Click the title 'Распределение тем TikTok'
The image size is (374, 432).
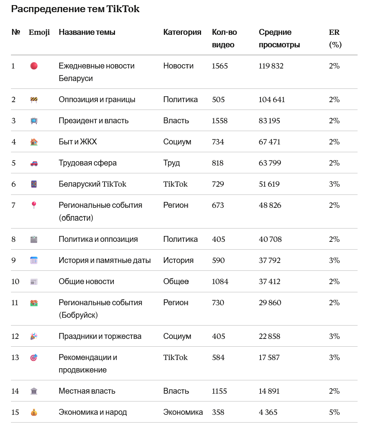(75, 9)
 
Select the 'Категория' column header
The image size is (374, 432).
(182, 32)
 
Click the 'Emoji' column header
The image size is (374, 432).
(39, 32)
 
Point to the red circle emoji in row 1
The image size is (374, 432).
(34, 66)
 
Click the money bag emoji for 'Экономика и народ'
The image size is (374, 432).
(34, 412)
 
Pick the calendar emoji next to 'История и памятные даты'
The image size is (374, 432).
(34, 261)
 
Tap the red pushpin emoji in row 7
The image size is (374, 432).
(34, 205)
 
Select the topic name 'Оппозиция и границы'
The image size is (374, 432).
(97, 100)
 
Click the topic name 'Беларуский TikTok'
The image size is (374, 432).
(92, 184)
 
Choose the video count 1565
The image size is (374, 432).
(219, 66)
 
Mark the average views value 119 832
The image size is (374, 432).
(271, 66)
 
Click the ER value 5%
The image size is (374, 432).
(334, 412)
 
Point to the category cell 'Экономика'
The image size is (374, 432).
(183, 412)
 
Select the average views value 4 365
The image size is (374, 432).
(268, 412)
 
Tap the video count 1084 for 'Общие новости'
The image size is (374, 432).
(220, 282)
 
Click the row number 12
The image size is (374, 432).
(15, 337)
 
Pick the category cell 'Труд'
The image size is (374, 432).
(172, 163)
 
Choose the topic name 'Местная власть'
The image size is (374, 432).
(87, 391)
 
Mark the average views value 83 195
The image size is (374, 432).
(270, 121)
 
